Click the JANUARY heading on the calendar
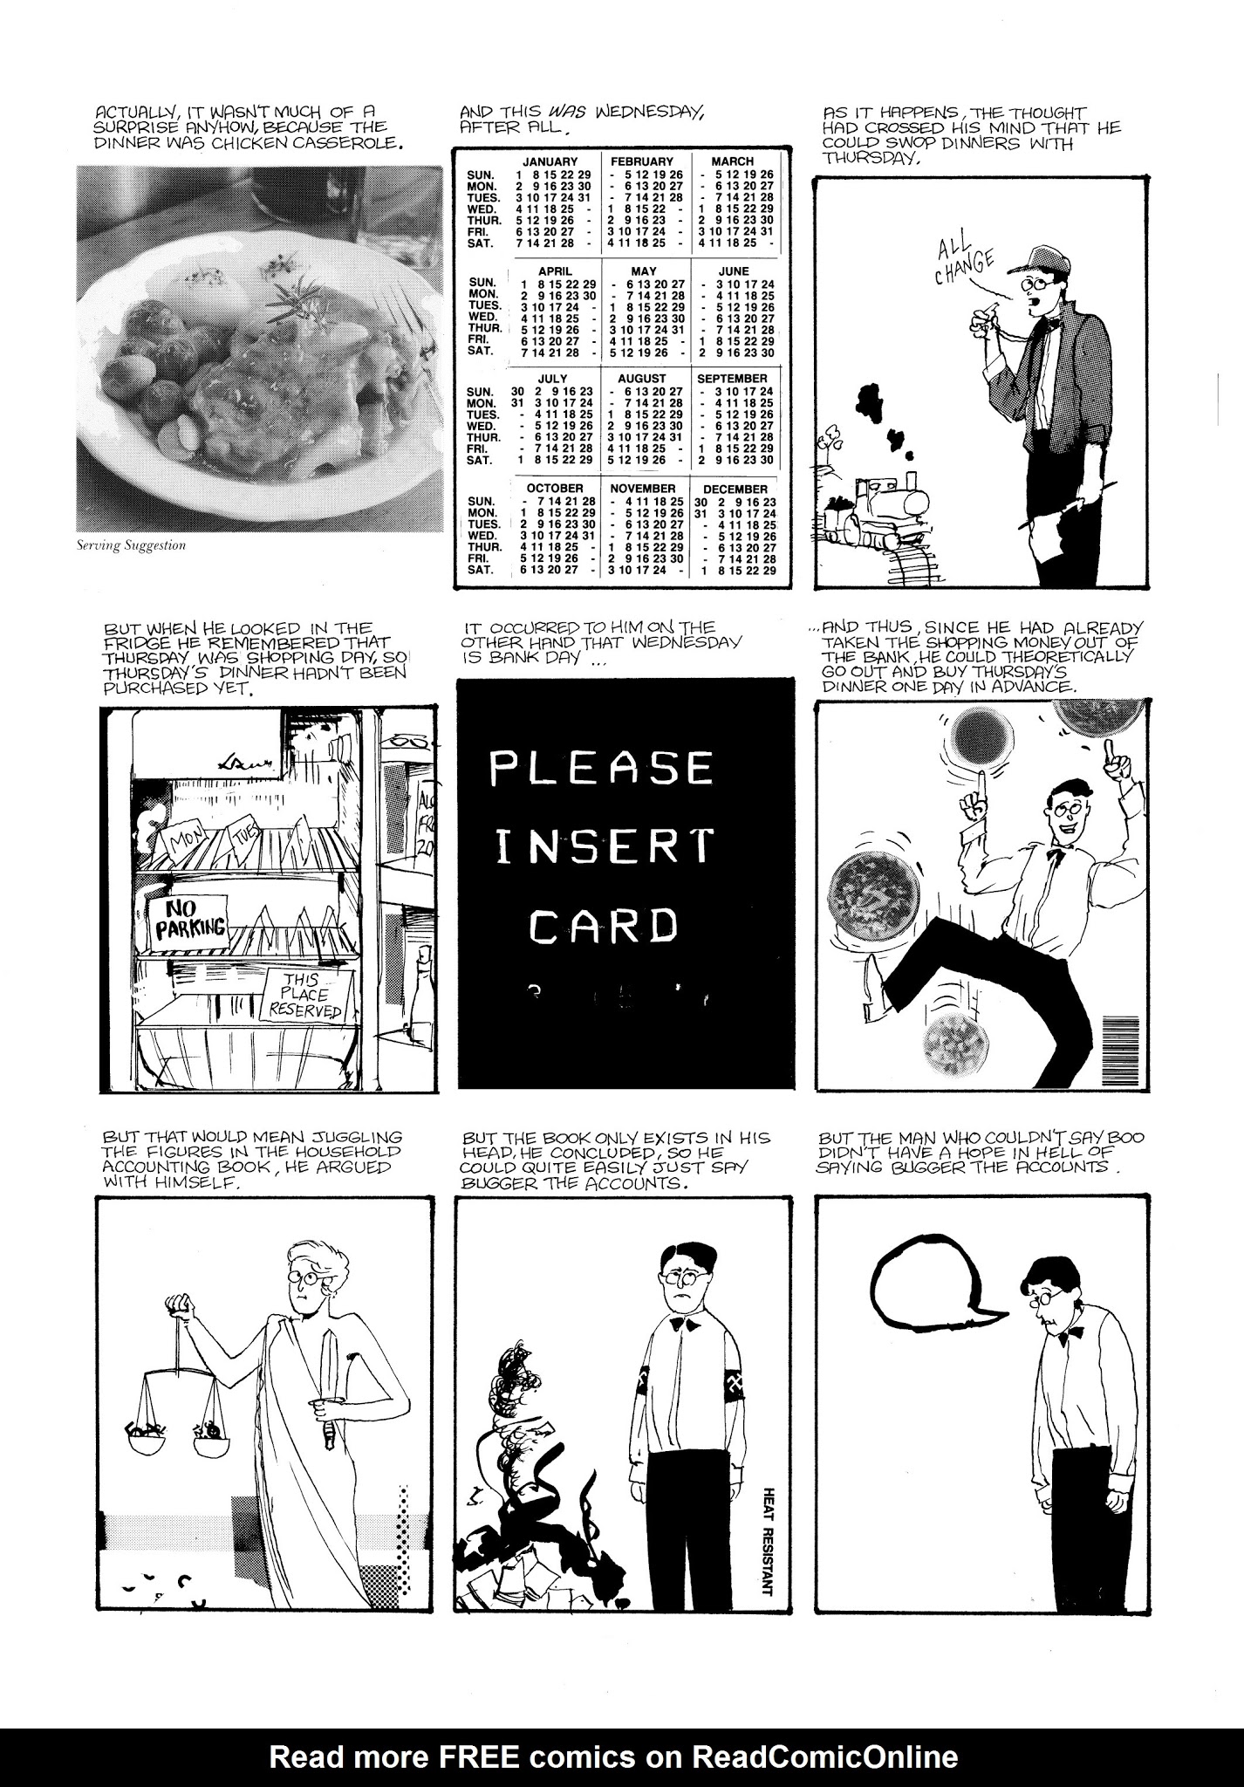550,161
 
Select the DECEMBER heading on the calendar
735,490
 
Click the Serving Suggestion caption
131,546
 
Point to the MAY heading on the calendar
643,271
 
